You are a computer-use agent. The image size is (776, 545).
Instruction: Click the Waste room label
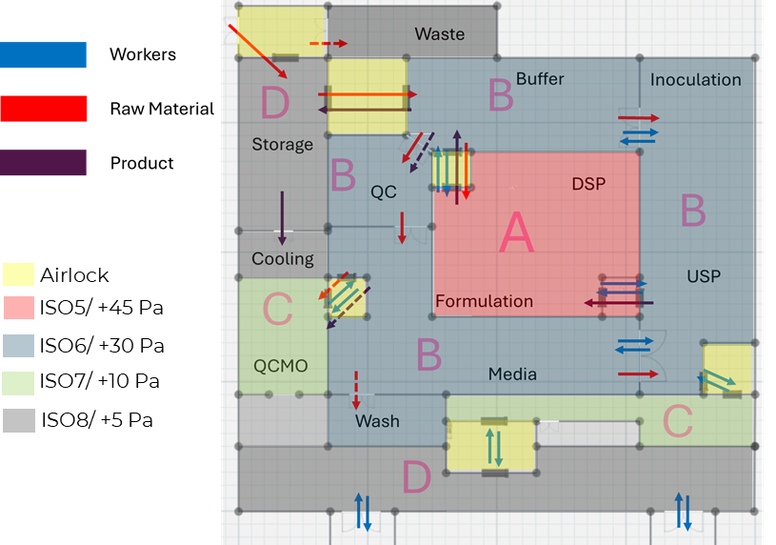point(439,34)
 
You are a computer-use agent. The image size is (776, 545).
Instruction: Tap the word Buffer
point(540,79)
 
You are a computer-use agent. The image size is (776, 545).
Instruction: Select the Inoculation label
point(695,80)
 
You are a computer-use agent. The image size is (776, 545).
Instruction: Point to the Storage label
point(282,145)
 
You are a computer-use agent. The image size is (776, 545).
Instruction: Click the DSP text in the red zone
point(588,184)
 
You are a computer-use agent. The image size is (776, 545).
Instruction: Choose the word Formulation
point(484,301)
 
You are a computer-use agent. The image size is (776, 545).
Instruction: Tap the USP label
point(704,276)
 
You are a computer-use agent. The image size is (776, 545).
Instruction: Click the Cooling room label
point(282,259)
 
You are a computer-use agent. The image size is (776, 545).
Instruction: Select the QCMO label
point(281,366)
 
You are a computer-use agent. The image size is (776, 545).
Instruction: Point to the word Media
point(512,374)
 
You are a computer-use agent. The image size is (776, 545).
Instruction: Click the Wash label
point(377,421)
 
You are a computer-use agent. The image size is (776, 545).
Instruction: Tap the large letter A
point(516,233)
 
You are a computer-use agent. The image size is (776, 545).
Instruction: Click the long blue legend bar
point(43,54)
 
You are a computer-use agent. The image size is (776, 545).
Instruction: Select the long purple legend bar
point(43,163)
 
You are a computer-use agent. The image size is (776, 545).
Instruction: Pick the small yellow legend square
point(18,274)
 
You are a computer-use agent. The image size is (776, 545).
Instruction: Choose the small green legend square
point(18,383)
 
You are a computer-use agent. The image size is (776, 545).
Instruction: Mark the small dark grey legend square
point(18,420)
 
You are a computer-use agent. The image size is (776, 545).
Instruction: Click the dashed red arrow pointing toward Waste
point(328,44)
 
